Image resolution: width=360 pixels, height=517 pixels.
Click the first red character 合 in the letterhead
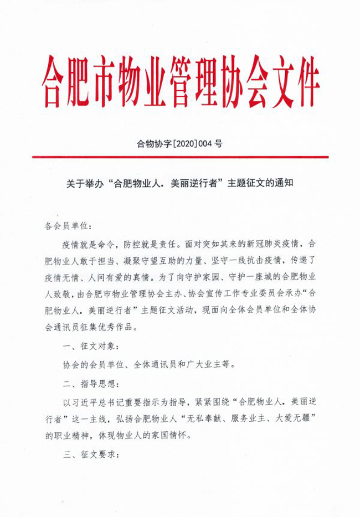[x=57, y=78]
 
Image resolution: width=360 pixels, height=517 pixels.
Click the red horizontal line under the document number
[x=180, y=157]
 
